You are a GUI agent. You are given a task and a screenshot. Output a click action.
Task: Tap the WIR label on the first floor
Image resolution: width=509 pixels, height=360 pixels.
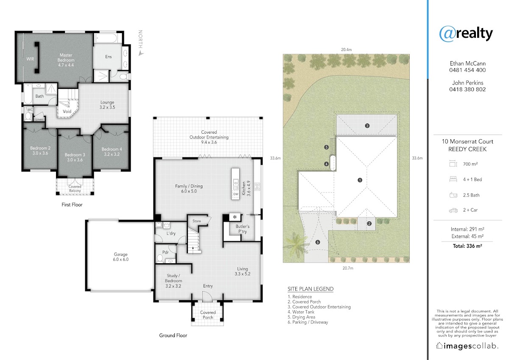[x=30, y=59]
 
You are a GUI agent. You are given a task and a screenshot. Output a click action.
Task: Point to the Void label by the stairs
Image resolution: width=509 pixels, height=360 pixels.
[x=67, y=111]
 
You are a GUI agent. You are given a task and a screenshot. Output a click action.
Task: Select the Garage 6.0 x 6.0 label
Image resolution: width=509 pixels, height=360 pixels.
[x=120, y=257]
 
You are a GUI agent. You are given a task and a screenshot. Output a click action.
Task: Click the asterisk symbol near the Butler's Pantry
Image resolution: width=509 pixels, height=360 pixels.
[x=235, y=217]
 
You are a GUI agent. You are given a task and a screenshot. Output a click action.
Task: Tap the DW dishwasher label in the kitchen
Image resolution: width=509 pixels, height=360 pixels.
[x=236, y=194]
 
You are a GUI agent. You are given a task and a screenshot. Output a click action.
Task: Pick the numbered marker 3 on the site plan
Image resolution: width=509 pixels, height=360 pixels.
[x=367, y=126]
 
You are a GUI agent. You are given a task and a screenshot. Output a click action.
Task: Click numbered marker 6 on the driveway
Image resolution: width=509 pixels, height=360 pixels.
[x=318, y=242]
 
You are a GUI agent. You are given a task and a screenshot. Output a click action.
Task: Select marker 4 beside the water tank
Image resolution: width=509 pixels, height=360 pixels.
[x=327, y=164]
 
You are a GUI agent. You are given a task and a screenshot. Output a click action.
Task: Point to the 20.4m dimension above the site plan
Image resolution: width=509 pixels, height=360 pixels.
[x=346, y=50]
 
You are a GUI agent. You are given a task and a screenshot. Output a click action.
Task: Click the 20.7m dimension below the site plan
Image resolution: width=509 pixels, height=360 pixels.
[x=348, y=268]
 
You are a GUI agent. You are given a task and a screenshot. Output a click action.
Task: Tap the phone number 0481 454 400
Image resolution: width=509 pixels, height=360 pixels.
[x=467, y=70]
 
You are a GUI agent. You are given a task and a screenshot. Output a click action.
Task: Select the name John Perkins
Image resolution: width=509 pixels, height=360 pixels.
[x=467, y=83]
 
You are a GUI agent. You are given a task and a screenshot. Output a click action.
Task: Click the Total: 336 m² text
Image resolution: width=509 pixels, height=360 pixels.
[x=467, y=246]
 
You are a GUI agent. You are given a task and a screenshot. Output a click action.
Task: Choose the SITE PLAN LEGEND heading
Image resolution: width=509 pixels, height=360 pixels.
[x=310, y=289]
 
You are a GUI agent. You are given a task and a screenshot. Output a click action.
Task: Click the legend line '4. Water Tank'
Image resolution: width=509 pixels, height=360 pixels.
[x=301, y=312]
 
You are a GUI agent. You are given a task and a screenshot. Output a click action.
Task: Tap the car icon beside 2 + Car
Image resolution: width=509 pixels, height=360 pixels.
[x=453, y=211]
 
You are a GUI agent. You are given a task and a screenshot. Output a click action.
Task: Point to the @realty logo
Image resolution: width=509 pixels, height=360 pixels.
[x=466, y=34]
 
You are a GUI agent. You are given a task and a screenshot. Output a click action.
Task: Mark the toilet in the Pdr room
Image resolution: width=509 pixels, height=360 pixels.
[x=160, y=259]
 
